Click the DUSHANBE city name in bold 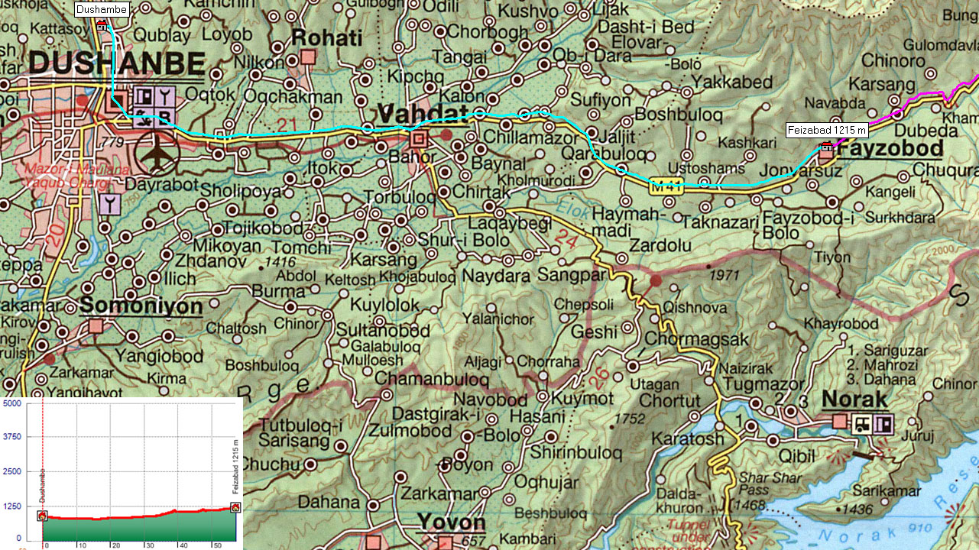(x=117, y=63)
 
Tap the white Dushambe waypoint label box (x=102, y=9)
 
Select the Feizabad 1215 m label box (x=828, y=131)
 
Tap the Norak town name (x=854, y=400)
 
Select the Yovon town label (x=451, y=522)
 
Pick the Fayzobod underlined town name (x=881, y=149)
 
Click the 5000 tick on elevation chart (x=12, y=403)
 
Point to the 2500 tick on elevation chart (x=12, y=471)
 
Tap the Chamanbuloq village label (x=431, y=378)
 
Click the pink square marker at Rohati (x=308, y=57)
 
